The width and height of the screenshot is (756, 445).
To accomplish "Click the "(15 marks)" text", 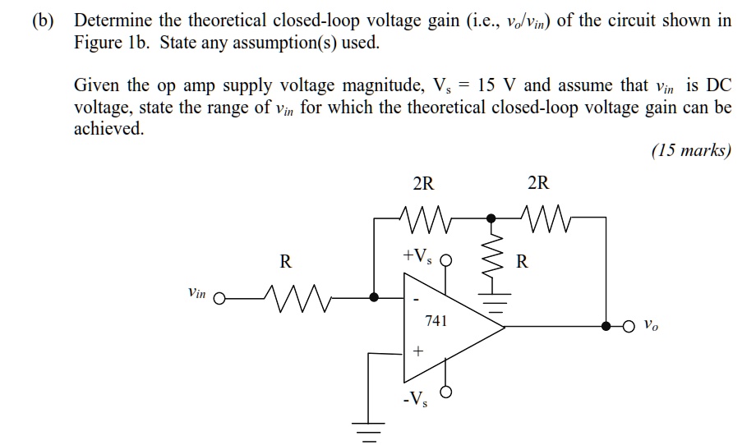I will (690, 151).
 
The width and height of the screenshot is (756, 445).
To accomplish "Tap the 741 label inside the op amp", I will (436, 321).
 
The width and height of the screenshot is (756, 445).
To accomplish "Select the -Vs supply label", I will (415, 401).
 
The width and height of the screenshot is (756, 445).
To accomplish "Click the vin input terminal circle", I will (219, 298).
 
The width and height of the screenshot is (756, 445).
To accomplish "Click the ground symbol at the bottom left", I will (368, 431).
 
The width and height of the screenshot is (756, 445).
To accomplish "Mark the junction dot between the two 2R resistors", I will (491, 218).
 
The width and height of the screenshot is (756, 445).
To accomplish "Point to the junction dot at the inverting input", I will (375, 298).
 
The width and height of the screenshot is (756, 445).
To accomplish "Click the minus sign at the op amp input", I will (416, 298).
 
